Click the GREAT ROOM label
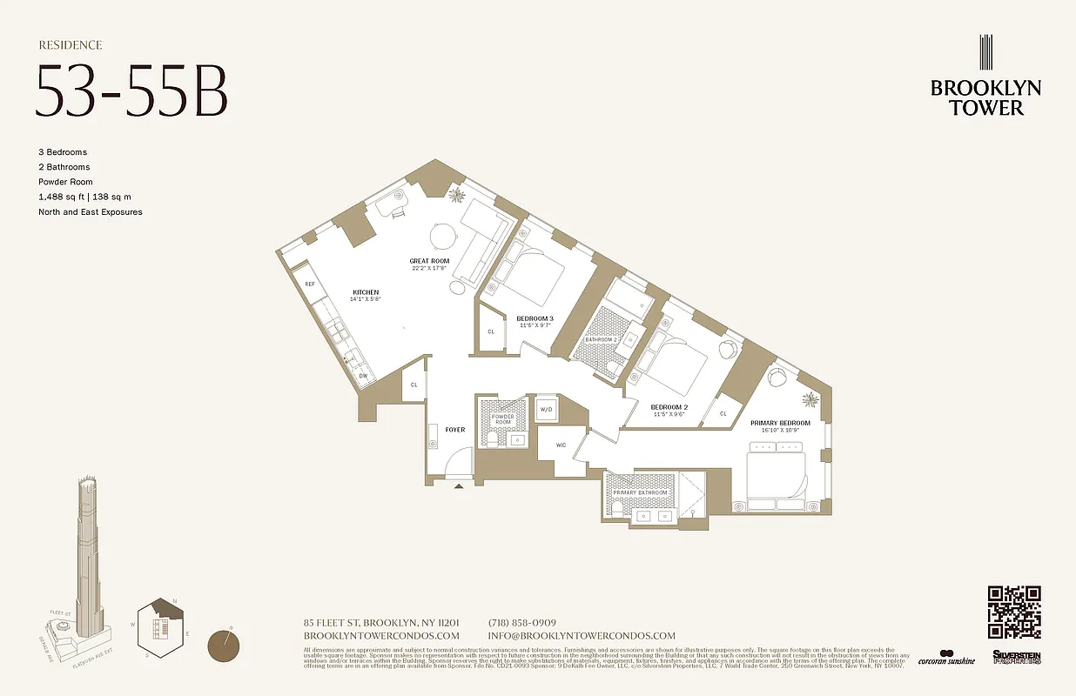coord(429,261)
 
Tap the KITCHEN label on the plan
coord(366,292)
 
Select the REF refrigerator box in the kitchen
coord(309,284)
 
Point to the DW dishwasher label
coord(363,376)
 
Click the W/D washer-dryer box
coord(547,409)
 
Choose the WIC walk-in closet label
coord(562,445)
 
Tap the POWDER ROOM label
coord(503,420)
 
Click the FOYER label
coord(455,430)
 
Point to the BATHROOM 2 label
coord(601,339)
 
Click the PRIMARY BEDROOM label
coord(780,424)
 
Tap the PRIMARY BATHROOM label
coord(640,493)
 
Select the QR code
coord(1014,612)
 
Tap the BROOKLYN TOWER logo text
coord(985,97)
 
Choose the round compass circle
coord(225,647)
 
